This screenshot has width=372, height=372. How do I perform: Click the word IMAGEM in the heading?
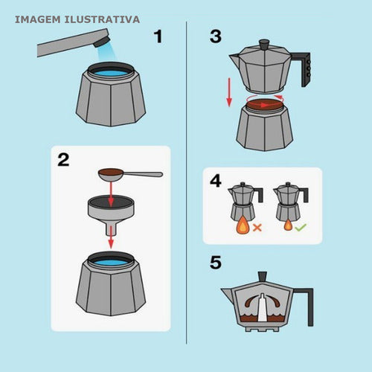coord(38,19)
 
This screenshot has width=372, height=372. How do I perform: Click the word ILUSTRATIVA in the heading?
coord(102,19)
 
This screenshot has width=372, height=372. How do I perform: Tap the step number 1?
coord(158,36)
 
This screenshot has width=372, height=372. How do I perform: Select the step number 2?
coord(63,160)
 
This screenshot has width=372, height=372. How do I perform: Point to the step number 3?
coord(216,36)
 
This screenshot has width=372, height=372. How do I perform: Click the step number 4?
coord(216,181)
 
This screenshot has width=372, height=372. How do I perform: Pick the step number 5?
coord(215,263)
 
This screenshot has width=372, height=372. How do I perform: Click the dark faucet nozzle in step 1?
coord(101,41)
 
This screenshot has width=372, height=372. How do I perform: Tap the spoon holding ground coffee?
coord(130,173)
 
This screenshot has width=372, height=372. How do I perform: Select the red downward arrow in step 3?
coord(229,92)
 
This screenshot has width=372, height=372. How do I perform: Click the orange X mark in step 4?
coord(257,228)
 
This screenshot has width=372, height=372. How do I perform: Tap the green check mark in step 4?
coord(301,227)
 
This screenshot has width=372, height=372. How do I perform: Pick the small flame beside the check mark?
coord(288,225)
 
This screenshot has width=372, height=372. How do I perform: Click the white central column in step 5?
coord(262,307)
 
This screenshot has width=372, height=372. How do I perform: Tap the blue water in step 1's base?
coord(111,74)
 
